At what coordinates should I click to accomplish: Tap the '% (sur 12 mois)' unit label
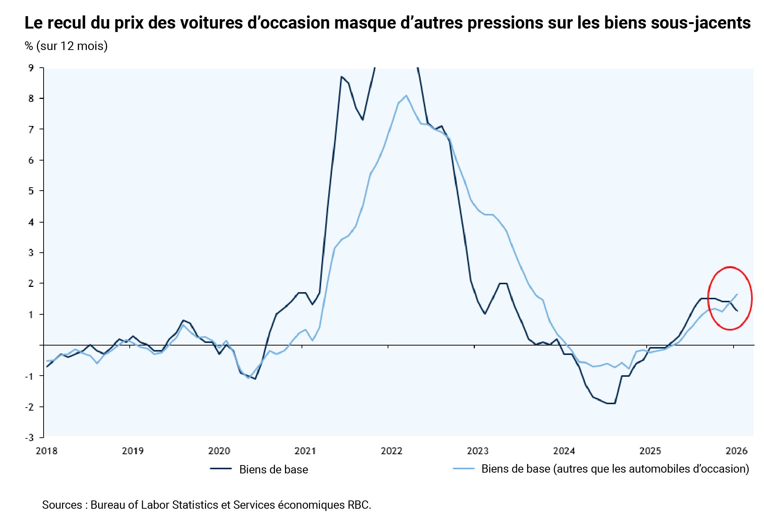66,46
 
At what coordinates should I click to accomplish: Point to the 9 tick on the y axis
31,68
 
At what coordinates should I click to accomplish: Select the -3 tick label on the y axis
29,437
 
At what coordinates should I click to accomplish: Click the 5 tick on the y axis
31,191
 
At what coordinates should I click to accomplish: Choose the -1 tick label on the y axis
29,376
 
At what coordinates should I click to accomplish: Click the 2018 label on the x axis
47,451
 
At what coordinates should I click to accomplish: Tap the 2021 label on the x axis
305,451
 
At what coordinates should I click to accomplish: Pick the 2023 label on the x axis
477,451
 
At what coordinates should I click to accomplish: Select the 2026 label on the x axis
736,451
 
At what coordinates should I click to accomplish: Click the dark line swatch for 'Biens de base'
221,468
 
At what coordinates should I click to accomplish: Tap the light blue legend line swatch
464,468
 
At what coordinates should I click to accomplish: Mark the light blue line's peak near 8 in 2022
406,96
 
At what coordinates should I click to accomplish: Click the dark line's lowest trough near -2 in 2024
611,403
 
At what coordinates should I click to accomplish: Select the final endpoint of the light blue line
737,294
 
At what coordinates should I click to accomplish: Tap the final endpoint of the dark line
737,311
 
